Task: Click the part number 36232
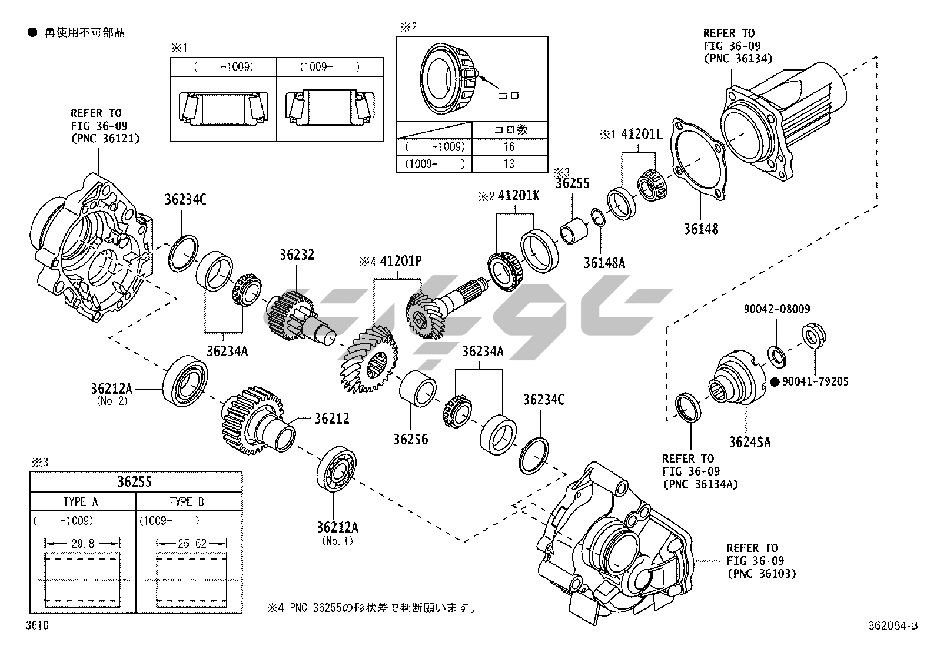pos(297,255)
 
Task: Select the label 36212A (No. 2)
pos(112,389)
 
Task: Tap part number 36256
pos(411,440)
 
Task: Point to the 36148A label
pos(604,263)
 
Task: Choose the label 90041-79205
pos(815,382)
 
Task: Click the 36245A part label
pos(749,442)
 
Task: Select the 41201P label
pos(401,261)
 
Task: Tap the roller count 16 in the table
pos(509,146)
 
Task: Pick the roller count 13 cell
pos(509,164)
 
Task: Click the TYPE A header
pos(81,502)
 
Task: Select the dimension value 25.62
pos(192,544)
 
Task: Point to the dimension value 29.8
pos(82,544)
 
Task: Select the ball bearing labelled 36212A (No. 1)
pos(335,468)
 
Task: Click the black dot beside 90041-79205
pos(775,382)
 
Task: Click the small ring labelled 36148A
pos(597,217)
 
